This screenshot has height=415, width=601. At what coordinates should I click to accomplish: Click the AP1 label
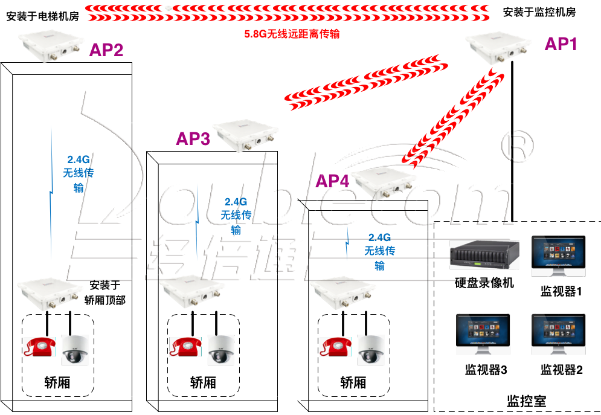point(561,44)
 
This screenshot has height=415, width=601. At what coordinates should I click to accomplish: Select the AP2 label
point(106,50)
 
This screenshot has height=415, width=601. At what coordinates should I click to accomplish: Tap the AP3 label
point(193,140)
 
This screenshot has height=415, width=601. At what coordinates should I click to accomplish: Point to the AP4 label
point(332,181)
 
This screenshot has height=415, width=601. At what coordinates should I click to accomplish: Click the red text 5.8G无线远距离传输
point(292,34)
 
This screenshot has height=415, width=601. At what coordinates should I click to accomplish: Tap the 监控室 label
point(526,401)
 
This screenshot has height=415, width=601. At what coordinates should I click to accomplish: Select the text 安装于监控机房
point(539,12)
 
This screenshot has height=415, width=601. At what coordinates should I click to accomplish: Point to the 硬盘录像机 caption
point(484,283)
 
